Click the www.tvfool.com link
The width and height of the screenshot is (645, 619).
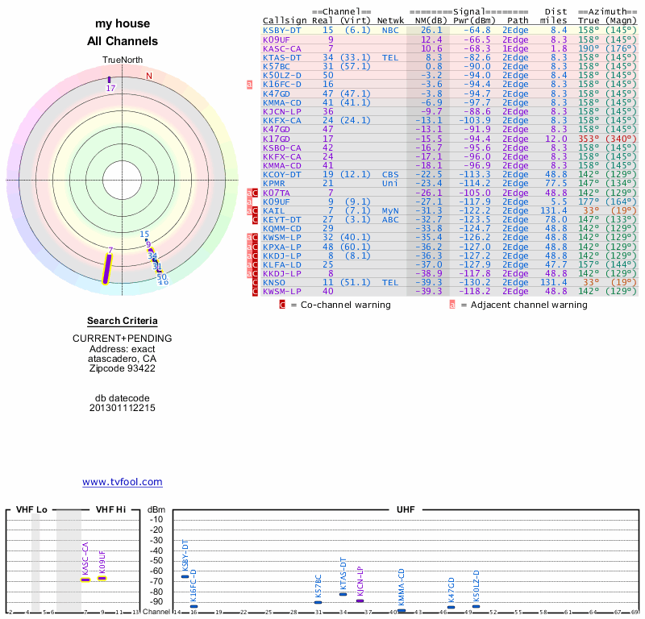click(x=123, y=482)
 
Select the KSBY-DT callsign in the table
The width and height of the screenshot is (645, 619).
click(x=281, y=30)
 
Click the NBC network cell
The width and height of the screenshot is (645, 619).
click(x=390, y=30)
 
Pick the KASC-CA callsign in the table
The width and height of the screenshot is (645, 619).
click(x=281, y=48)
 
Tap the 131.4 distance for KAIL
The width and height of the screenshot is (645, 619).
click(x=554, y=210)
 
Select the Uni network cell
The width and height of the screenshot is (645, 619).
click(x=390, y=183)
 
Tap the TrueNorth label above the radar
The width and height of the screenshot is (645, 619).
click(x=123, y=60)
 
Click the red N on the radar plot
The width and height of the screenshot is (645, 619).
click(x=148, y=77)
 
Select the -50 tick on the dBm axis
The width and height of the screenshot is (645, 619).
click(x=156, y=560)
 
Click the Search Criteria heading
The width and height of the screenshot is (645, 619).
click(x=123, y=321)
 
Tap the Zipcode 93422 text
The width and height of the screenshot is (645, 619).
click(x=123, y=368)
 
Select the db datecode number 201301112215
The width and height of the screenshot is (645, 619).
click(x=123, y=408)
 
